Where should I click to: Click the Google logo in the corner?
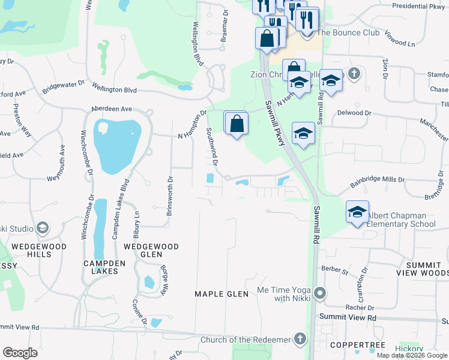click(x=20, y=353)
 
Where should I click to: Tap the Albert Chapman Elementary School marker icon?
click(x=357, y=212)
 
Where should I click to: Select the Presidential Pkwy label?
click(x=418, y=7)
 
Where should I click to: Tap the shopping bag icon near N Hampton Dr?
click(x=237, y=123)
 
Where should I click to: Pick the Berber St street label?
click(x=334, y=271)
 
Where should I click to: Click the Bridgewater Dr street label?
click(x=63, y=88)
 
